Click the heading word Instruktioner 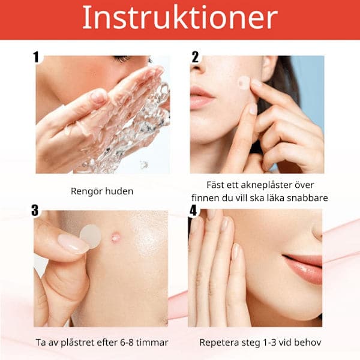coord(180,17)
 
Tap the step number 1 coord(36,57)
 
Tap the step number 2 coord(195,57)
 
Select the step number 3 coord(35,211)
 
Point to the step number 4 coord(193,211)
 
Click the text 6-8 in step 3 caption coord(127,343)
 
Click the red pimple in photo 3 coord(115,237)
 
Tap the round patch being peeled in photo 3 coord(91,236)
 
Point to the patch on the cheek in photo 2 coord(244,82)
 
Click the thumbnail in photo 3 coord(73,244)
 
